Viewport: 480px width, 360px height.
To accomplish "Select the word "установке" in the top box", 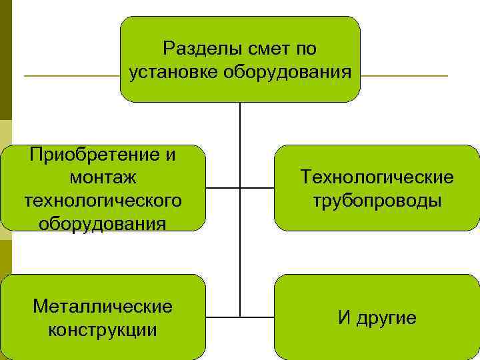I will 169,71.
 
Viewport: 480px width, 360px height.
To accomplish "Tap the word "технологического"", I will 103,200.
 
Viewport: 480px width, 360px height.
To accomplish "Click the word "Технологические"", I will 377,177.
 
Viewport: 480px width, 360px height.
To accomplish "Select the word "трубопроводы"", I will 377,200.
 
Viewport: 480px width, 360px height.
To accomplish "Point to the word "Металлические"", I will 102,307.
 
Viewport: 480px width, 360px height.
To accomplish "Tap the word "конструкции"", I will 102,329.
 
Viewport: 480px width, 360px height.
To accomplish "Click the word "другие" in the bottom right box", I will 386,319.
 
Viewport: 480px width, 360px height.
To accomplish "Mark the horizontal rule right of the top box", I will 404,76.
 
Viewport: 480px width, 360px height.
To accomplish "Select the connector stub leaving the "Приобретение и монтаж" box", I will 222,188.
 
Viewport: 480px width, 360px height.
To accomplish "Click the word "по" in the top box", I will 306,49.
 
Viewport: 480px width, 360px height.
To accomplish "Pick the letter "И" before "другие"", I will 344,319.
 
